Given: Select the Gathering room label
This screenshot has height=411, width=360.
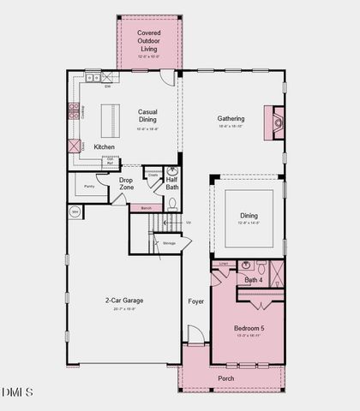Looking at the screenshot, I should pyautogui.click(x=231, y=119).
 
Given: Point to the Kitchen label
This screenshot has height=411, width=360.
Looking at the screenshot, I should pyautogui.click(x=105, y=147).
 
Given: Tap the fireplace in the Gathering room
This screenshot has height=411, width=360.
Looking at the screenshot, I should pyautogui.click(x=274, y=122).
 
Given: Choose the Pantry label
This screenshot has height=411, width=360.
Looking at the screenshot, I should pyautogui.click(x=89, y=186).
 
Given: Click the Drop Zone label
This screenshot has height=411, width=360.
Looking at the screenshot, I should pyautogui.click(x=125, y=183).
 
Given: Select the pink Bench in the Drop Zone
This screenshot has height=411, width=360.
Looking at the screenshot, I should pyautogui.click(x=146, y=207).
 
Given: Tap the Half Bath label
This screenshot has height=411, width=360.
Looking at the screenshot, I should pyautogui.click(x=171, y=183).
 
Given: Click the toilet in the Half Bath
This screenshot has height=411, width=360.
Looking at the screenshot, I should pyautogui.click(x=172, y=204).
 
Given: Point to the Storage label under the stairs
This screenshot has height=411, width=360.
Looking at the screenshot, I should pyautogui.click(x=169, y=244).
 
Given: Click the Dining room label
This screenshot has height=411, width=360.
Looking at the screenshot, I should pyautogui.click(x=249, y=217).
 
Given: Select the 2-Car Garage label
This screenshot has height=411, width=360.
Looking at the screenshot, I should pyautogui.click(x=124, y=301).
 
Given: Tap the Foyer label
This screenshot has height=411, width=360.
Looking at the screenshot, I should pyautogui.click(x=195, y=301).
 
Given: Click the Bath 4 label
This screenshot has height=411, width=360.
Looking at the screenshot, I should pyautogui.click(x=254, y=280).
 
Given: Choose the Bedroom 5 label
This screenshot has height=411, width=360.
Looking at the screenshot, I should pyautogui.click(x=249, y=329).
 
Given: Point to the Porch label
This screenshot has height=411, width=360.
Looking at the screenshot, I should pyautogui.click(x=225, y=378).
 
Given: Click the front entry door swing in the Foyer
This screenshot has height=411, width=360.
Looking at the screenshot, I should pyautogui.click(x=195, y=336).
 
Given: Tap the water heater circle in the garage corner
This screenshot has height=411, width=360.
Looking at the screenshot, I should pyautogui.click(x=75, y=211).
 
